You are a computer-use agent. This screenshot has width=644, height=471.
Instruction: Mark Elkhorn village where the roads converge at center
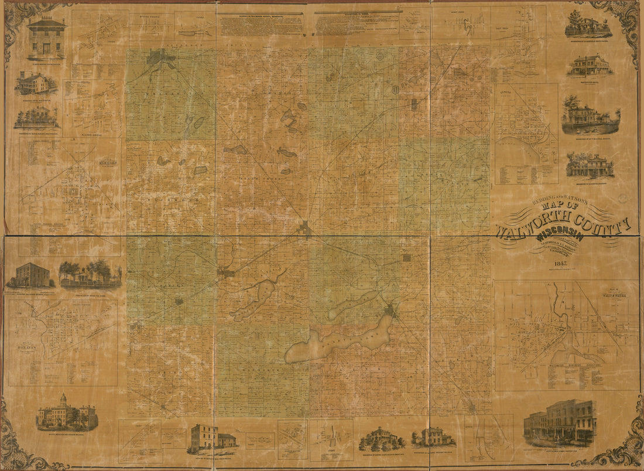coord(304,228)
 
